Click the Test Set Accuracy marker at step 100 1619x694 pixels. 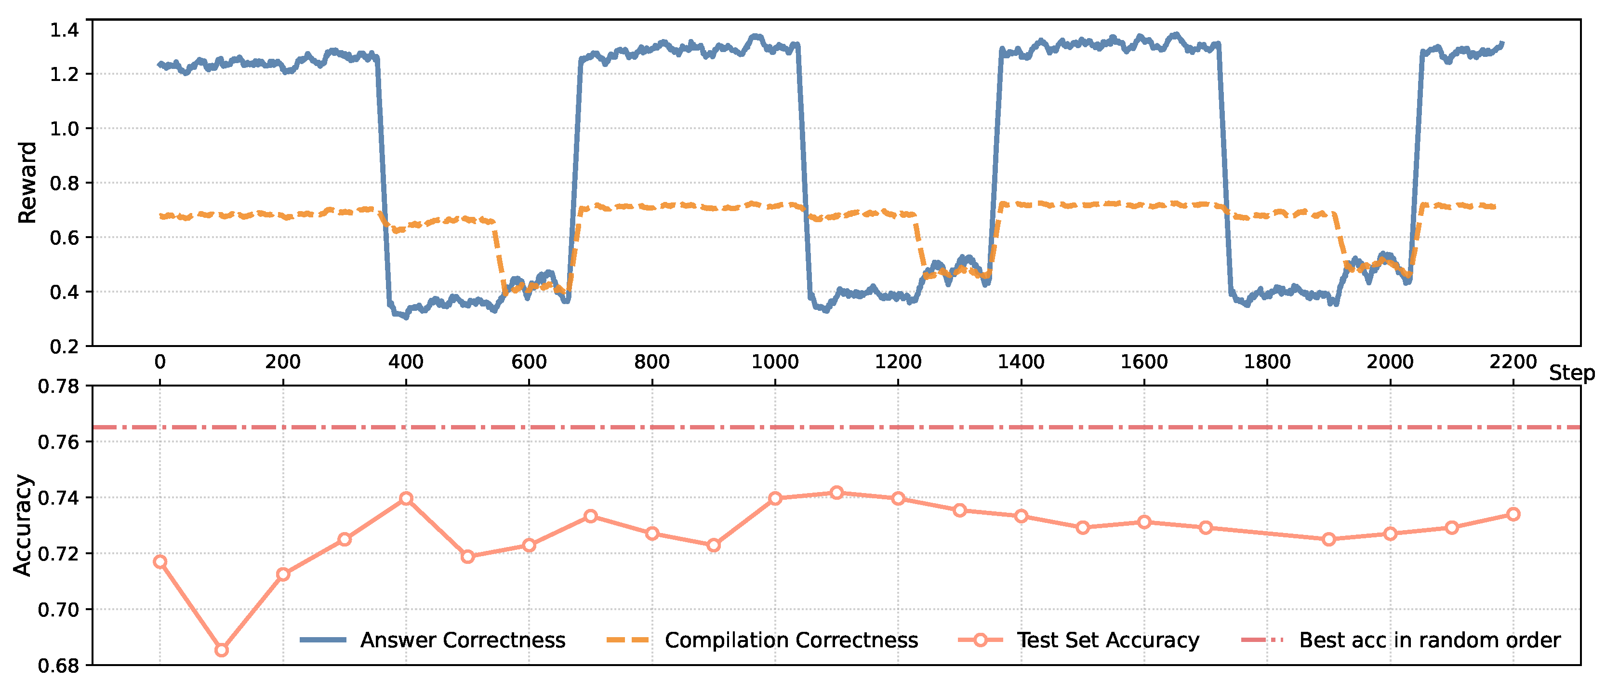click(x=221, y=650)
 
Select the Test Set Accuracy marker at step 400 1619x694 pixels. click(x=406, y=498)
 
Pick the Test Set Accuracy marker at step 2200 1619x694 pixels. click(x=1513, y=514)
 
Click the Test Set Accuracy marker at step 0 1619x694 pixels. click(x=160, y=561)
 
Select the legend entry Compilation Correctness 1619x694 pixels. click(x=791, y=640)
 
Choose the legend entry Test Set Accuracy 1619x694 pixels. click(x=1107, y=640)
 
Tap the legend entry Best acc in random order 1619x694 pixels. click(x=1429, y=640)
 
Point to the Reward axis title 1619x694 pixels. click(x=27, y=182)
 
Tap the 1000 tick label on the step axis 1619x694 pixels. click(x=775, y=362)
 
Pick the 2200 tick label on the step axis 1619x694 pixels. click(x=1513, y=362)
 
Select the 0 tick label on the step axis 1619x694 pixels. click(x=160, y=362)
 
